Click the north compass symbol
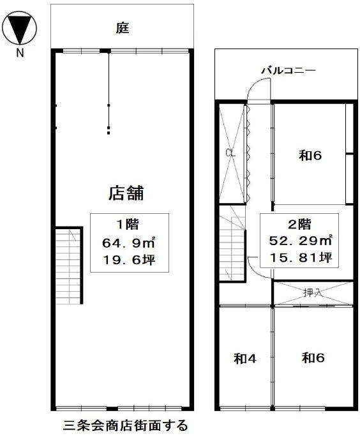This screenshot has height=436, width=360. tap(19, 28)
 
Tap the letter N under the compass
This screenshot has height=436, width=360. tap(20, 53)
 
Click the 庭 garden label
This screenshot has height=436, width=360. tap(123, 28)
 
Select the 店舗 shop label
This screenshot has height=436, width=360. tap(126, 193)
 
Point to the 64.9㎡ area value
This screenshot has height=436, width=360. tap(129, 243)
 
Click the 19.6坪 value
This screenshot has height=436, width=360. tap(129, 260)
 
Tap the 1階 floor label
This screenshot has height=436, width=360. tap(127, 225)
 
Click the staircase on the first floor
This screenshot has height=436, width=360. tap(68, 266)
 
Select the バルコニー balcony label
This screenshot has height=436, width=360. tap(289, 70)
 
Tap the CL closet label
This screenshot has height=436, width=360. tap(230, 153)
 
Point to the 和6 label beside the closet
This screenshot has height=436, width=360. tap(310, 155)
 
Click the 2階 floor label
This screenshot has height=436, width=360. tap(299, 225)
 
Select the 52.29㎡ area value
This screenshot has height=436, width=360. tap(301, 241)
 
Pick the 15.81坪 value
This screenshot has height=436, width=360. tap(301, 258)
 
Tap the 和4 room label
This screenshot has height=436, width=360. tap(245, 359)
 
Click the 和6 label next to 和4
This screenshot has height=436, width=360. tap(313, 358)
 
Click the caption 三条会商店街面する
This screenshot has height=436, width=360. tap(126, 425)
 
